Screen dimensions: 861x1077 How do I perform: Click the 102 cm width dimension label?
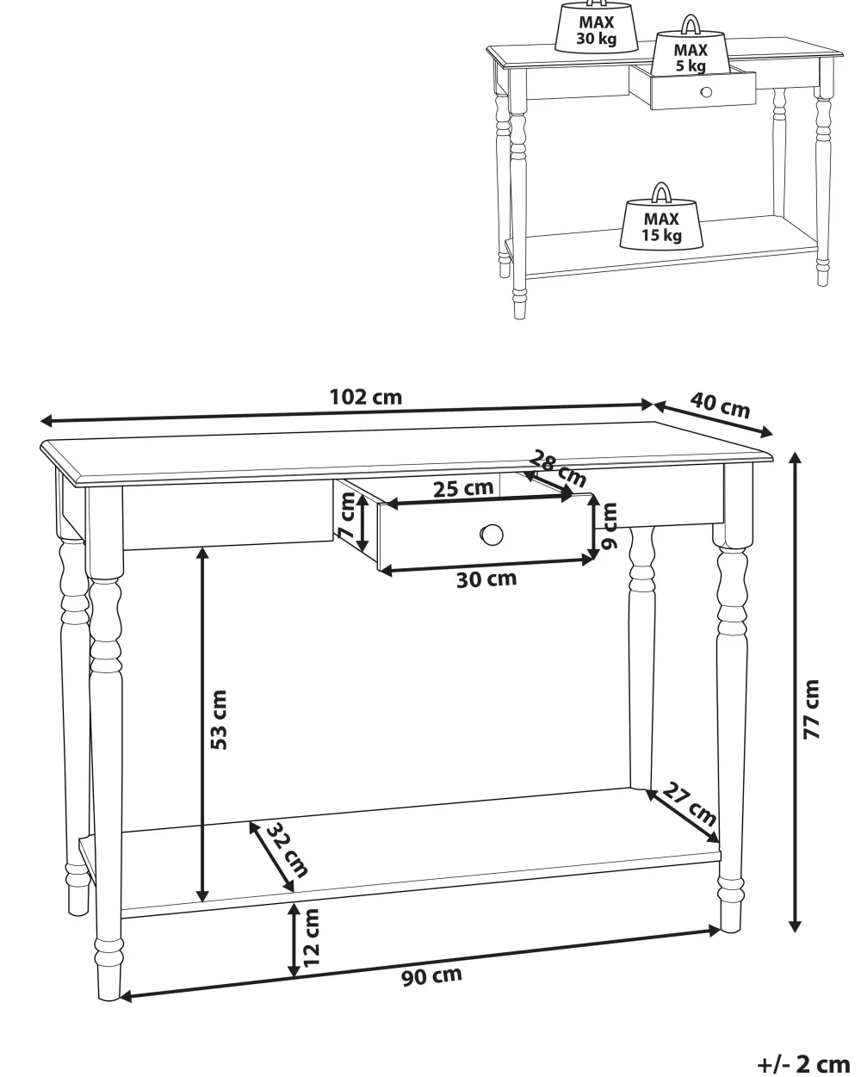pos(365,398)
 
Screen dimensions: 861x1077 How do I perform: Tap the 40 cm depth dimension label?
pos(720,405)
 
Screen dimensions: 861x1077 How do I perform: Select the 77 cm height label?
pos(811,709)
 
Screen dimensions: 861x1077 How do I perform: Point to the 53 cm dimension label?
pos(219,720)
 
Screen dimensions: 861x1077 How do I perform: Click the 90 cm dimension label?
pos(431,976)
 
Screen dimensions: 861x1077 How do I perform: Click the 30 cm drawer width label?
pos(486,579)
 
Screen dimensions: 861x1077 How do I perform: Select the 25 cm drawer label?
pos(463,488)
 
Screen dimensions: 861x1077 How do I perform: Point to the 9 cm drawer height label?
pos(610,526)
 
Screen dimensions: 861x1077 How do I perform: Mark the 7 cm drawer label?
pos(346,516)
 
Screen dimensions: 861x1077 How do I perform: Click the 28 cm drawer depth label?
pos(558,468)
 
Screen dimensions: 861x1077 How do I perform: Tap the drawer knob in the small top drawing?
pos(706,92)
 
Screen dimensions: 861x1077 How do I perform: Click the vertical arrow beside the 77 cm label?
pos(795,693)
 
